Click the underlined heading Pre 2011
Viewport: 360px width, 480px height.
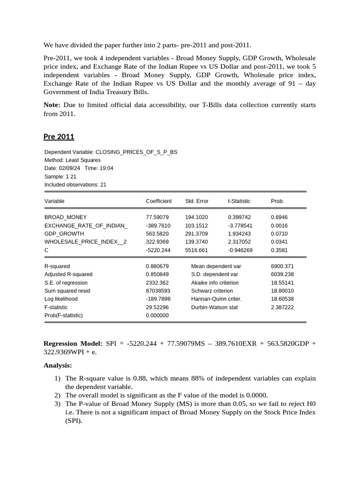coord(59,137)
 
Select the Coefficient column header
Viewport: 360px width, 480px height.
coord(158,201)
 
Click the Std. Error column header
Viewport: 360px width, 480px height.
coord(196,201)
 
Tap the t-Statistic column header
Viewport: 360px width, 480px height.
coord(239,201)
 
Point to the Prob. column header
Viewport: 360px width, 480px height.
coord(277,201)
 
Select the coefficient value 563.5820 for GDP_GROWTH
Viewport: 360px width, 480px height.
coord(157,233)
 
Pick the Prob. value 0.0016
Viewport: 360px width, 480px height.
coord(279,225)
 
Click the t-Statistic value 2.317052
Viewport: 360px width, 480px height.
coord(240,242)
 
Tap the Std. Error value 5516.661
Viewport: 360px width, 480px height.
coord(196,250)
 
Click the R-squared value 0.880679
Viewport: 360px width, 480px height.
coord(157,266)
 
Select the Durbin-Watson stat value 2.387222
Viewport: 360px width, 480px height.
coord(282,307)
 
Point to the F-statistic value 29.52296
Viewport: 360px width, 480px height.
coord(157,307)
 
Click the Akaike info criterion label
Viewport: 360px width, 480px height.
coord(215,283)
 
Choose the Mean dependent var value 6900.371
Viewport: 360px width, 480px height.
coord(282,266)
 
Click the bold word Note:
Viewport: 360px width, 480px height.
coord(52,105)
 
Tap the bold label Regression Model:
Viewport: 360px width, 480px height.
coord(73,343)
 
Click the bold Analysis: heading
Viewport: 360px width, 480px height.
coord(58,365)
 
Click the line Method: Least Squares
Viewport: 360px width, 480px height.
coord(72,160)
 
